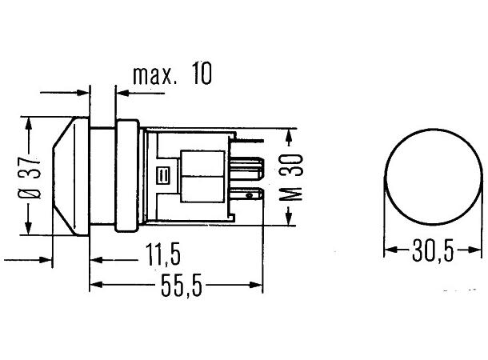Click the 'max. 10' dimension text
[172, 74]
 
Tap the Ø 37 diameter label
[30, 176]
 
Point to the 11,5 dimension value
[163, 254]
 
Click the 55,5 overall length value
[182, 286]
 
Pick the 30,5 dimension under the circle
[433, 250]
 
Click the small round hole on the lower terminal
[249, 196]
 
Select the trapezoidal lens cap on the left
[70, 177]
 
